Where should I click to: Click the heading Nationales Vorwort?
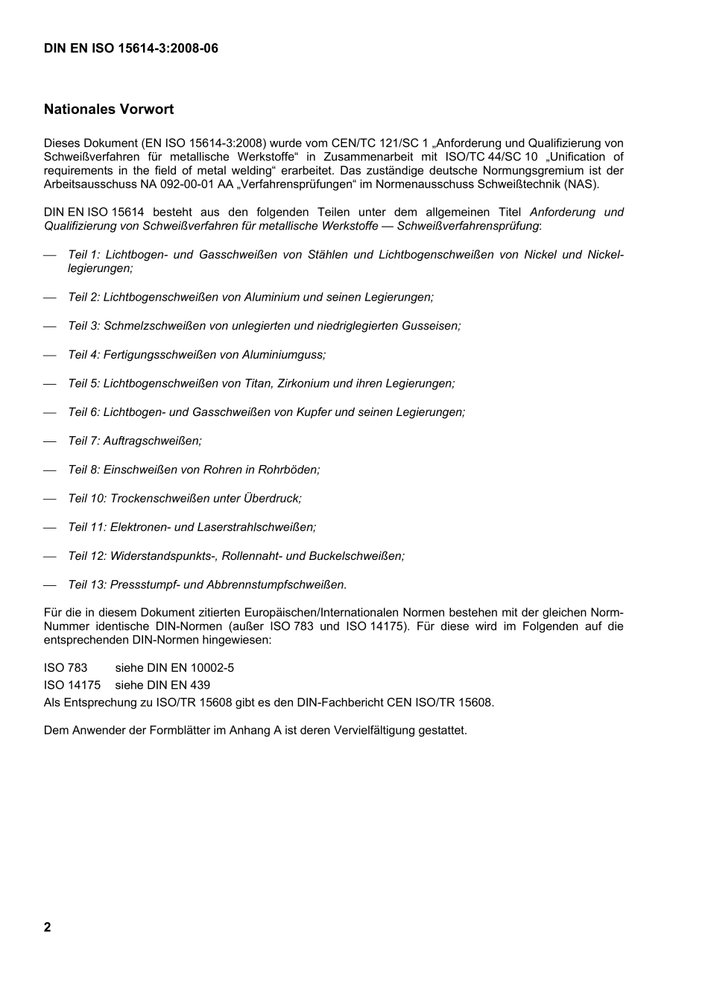pos(109,110)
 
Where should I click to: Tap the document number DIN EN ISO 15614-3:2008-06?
pos(130,48)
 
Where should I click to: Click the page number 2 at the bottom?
pos(48,927)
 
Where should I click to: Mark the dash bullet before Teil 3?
pos(50,327)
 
